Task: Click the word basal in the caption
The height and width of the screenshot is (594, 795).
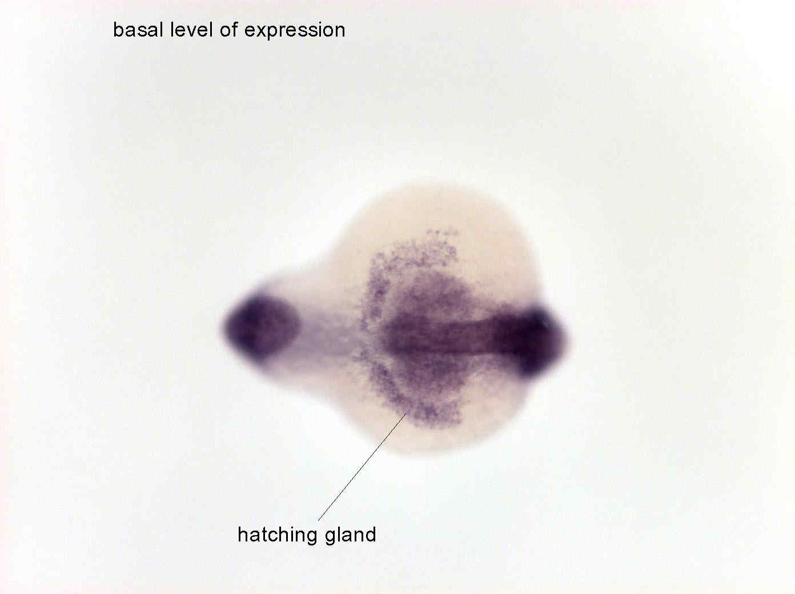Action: pyautogui.click(x=138, y=29)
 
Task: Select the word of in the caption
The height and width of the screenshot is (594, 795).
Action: pyautogui.click(x=228, y=29)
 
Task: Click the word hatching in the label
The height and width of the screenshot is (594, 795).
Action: pyautogui.click(x=278, y=536)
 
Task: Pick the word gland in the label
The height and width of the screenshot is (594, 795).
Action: pyautogui.click(x=351, y=536)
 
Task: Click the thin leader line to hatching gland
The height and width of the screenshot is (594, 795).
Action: pyautogui.click(x=362, y=467)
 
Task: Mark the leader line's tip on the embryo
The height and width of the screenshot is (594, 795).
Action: pyautogui.click(x=406, y=414)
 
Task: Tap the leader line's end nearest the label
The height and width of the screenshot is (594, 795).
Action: pyautogui.click(x=318, y=521)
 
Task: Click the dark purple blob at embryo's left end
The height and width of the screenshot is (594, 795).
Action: pyautogui.click(x=261, y=328)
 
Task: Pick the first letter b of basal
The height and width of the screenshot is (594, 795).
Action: pyautogui.click(x=118, y=29)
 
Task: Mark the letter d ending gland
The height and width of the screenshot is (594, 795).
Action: pyautogui.click(x=371, y=535)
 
